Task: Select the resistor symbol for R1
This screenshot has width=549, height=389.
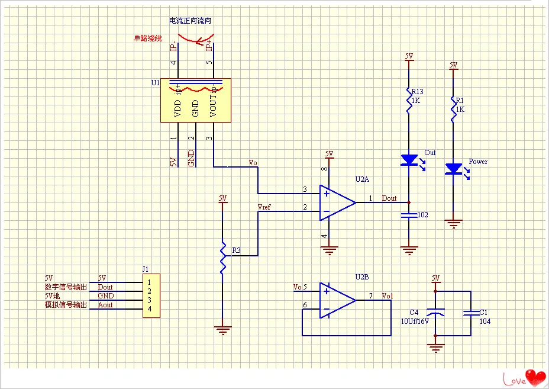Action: click(x=454, y=110)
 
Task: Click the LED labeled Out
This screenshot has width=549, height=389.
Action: click(x=409, y=160)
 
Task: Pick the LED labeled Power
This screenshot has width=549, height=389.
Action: click(x=454, y=169)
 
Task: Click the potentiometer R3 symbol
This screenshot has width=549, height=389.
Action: click(x=222, y=255)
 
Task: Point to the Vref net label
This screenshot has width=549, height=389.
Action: click(x=265, y=207)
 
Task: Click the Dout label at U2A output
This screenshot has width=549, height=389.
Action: click(x=389, y=198)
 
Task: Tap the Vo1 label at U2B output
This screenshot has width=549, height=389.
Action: click(x=387, y=295)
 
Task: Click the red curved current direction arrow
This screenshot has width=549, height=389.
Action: click(x=195, y=38)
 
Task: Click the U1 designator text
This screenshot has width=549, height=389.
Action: click(x=156, y=83)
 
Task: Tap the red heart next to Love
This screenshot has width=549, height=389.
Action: click(x=537, y=376)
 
